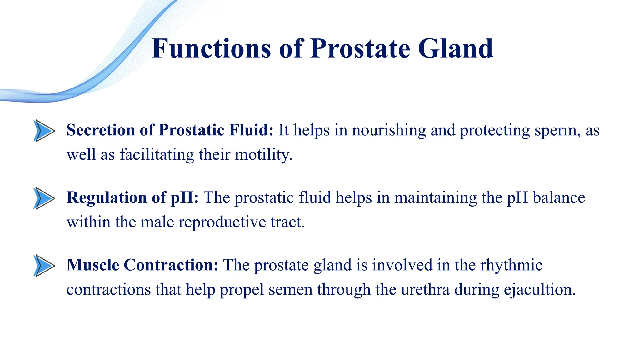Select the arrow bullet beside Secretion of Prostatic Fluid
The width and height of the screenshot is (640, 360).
(44, 131)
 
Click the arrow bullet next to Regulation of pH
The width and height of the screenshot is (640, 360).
(44, 198)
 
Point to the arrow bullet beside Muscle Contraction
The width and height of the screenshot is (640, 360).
(44, 266)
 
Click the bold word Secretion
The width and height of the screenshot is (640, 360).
(101, 130)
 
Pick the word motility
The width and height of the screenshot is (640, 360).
(263, 155)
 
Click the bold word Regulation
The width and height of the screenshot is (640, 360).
(107, 198)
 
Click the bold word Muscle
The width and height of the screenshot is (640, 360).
(93, 265)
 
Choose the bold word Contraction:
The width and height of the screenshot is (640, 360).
(171, 265)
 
